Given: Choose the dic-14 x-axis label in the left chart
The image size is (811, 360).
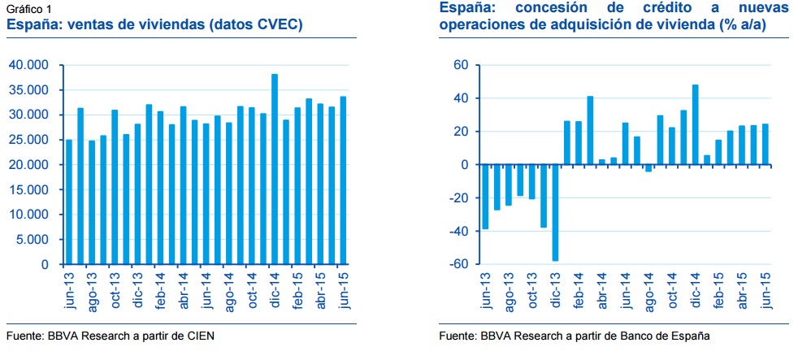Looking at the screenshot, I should click(x=275, y=290).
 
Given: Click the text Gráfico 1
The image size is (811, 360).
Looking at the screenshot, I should click(x=30, y=9).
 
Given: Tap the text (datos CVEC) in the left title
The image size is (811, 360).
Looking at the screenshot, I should click(x=255, y=25).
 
